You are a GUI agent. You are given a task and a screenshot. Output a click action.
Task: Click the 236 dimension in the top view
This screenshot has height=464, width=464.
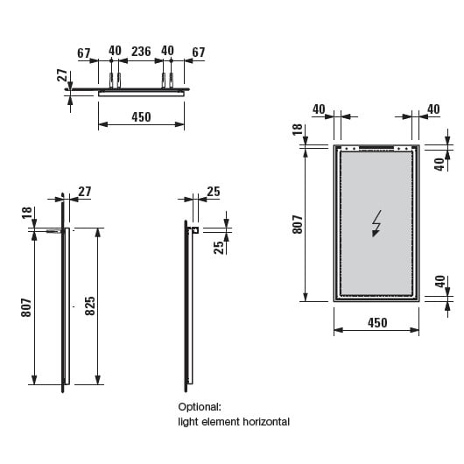(141, 52)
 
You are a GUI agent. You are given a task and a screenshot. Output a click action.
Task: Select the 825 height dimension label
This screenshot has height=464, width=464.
(90, 306)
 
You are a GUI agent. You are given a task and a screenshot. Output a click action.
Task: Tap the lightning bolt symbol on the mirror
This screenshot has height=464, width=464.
(376, 223)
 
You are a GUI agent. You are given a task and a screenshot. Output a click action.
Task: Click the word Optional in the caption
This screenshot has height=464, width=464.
(200, 407)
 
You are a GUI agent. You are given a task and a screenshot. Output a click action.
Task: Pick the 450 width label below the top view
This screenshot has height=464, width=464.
(141, 117)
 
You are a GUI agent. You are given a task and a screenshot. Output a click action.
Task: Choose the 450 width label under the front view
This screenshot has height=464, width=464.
(377, 323)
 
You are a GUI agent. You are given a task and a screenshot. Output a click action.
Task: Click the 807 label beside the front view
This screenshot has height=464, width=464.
(298, 225)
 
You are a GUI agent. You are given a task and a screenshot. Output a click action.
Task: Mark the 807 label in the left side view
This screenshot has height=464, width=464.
(26, 308)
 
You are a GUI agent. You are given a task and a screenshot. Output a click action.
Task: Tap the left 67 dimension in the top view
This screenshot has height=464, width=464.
(83, 53)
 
